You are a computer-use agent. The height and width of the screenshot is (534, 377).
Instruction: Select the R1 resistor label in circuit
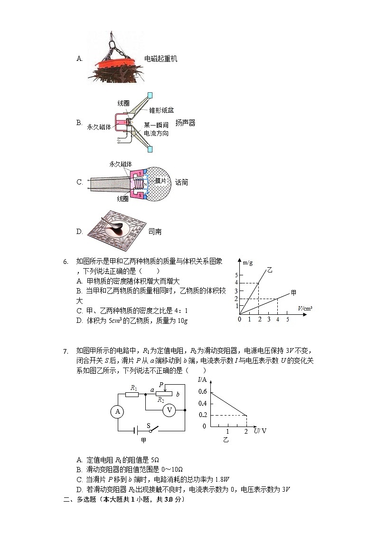tap(134, 388)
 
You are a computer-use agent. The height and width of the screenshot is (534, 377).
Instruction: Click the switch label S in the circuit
tap(149, 425)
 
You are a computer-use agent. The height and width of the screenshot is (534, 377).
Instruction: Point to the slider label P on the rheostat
tap(161, 384)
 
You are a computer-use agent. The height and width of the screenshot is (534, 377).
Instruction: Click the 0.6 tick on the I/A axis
tap(203, 391)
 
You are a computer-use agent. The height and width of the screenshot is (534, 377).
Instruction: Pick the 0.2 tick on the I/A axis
tap(203, 415)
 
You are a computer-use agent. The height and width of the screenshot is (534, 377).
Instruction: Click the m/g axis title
tap(248, 262)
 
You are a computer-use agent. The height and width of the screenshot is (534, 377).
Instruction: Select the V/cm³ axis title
tap(305, 309)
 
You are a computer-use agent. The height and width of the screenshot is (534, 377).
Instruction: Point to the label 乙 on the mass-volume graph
tap(270, 270)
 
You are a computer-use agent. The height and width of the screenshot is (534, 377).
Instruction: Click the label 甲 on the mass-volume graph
tap(293, 292)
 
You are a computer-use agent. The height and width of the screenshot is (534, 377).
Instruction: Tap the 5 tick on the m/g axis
tap(235, 275)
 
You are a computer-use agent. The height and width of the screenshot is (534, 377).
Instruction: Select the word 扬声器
tap(185, 123)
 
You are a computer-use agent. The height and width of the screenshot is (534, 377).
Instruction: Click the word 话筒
tap(181, 182)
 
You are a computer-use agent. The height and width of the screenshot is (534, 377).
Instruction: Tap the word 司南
tap(155, 232)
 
